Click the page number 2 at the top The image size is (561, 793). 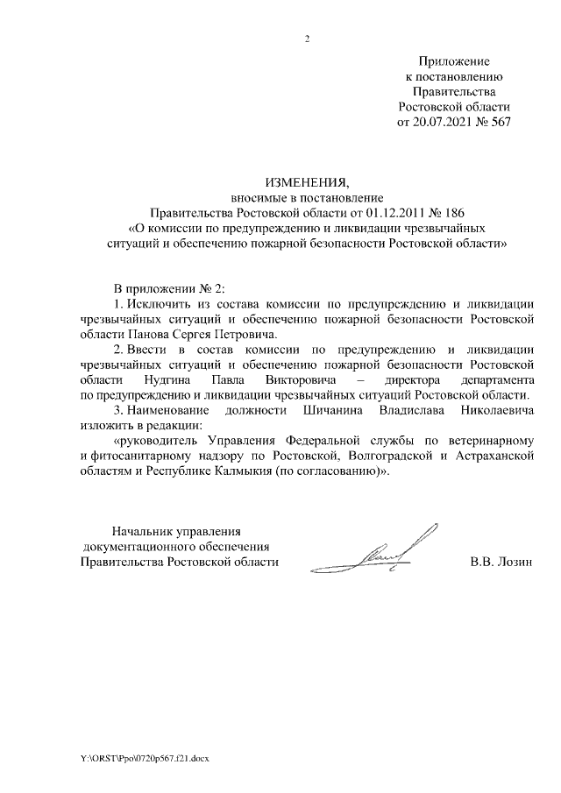[307, 39]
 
